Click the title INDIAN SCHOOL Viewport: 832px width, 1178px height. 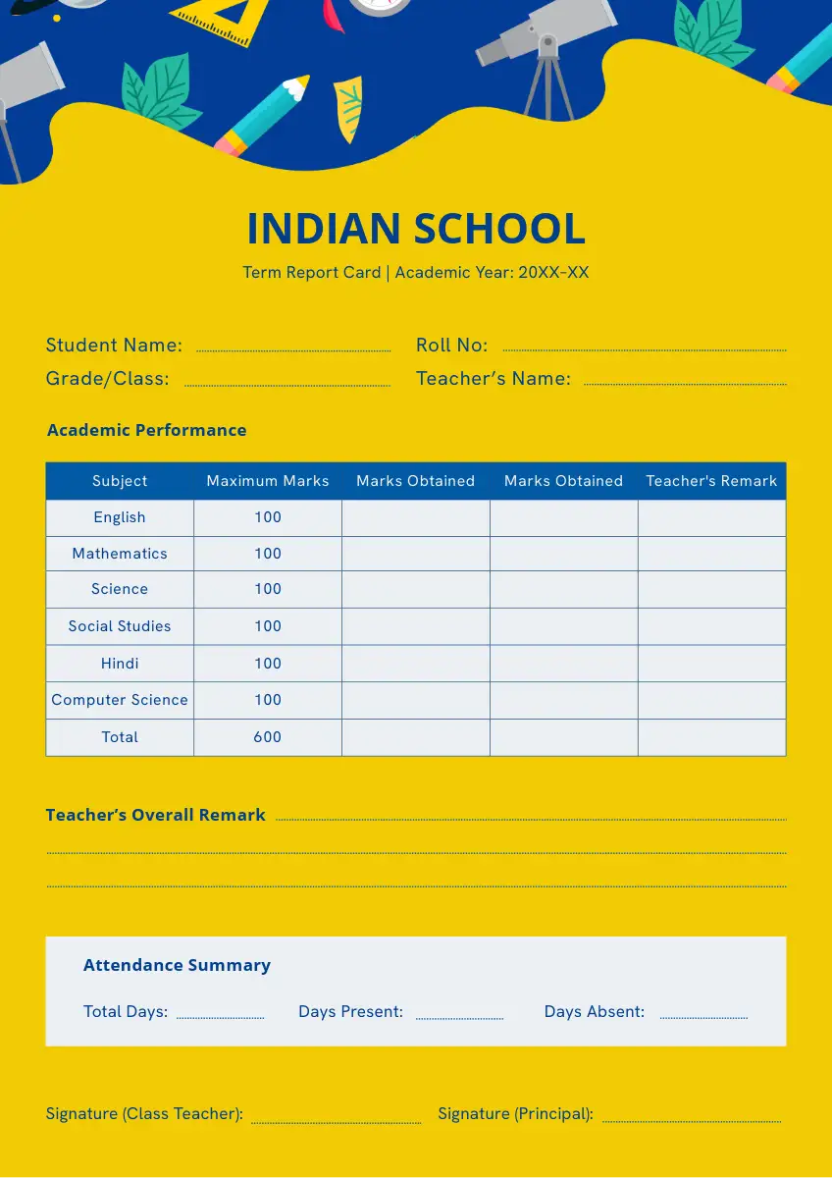tap(415, 229)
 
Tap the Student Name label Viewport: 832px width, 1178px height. tap(114, 346)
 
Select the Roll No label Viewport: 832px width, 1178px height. tap(451, 346)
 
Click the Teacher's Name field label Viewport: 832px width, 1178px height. tap(493, 379)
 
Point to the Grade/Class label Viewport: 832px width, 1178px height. tap(107, 379)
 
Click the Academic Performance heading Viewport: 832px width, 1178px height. tap(146, 430)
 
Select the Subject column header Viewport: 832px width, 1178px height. tap(120, 481)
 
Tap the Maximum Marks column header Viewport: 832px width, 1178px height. tap(268, 481)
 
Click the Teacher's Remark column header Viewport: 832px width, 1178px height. tap(711, 481)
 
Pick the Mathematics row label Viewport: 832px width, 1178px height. tap(120, 554)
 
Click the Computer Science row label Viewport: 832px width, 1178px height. tap(120, 700)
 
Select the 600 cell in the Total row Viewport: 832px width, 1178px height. tap(268, 737)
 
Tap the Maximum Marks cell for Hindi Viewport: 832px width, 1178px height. tap(268, 664)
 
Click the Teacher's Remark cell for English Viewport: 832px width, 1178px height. tap(711, 518)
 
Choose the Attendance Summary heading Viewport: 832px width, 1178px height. tap(177, 965)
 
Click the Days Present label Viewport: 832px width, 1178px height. tap(350, 1012)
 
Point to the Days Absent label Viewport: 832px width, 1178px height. tap(594, 1012)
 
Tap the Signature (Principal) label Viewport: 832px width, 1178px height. tap(515, 1114)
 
